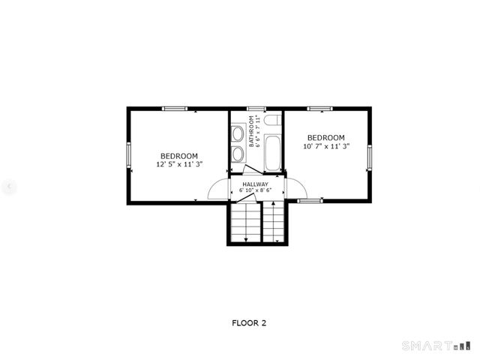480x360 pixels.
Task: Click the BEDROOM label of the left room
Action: (178, 156)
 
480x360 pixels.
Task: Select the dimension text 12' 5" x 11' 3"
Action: (178, 164)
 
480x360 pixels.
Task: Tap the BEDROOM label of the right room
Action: (326, 138)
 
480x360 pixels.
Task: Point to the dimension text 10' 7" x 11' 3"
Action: (326, 147)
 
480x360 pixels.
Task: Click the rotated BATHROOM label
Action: (255, 130)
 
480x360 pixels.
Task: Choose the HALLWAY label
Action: (255, 184)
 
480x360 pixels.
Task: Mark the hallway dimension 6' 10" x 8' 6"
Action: (255, 191)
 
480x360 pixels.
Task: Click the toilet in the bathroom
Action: (271, 120)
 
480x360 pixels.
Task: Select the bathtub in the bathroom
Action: (271, 151)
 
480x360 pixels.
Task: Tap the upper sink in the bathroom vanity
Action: (237, 135)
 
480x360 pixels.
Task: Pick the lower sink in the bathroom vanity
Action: (237, 154)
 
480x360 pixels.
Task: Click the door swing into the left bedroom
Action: (218, 189)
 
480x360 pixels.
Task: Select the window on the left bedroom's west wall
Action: (128, 155)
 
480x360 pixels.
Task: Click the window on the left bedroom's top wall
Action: (175, 109)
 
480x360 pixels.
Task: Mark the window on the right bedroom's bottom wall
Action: (310, 201)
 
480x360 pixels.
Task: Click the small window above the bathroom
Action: (256, 109)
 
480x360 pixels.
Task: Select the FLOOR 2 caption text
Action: (248, 323)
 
